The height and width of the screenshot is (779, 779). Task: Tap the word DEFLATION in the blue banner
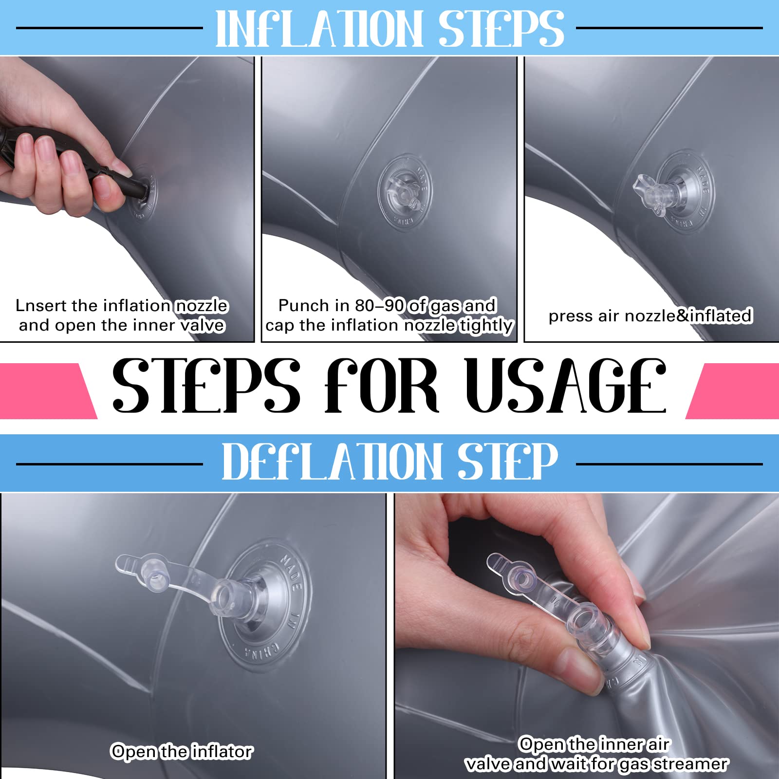point(331,461)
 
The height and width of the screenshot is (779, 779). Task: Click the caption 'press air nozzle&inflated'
point(650,316)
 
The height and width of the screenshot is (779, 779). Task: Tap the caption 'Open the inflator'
point(182,752)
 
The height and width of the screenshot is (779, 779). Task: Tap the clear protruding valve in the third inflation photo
point(657,192)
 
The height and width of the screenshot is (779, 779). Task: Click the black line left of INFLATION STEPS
point(110,28)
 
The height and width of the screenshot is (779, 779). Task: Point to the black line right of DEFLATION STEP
point(669,464)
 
